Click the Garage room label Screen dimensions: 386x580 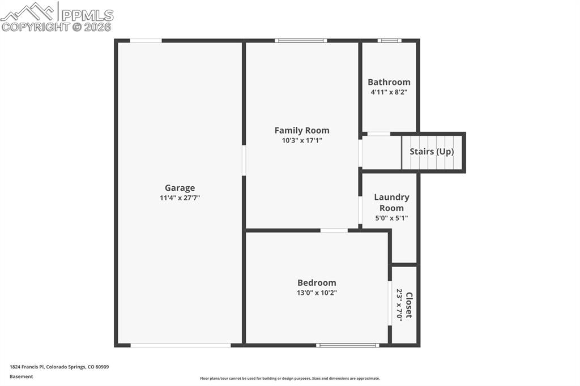point(180,188)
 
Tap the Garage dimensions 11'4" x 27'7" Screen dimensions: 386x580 point(180,198)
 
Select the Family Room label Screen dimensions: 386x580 point(302,130)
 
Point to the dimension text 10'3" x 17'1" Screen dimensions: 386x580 point(302,140)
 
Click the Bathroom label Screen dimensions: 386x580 point(389,82)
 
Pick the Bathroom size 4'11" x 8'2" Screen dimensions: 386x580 point(389,92)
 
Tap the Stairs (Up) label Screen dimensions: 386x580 point(432,152)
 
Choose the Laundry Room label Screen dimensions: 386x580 point(391,202)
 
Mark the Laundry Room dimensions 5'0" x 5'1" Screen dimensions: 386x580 point(391,218)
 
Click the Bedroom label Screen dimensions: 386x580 point(317,282)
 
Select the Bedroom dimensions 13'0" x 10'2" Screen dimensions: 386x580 point(317,293)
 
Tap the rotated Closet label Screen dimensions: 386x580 point(409,305)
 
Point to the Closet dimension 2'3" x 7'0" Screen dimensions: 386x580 point(399,305)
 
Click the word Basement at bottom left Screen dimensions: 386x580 point(21,376)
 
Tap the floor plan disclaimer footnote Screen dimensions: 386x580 point(289,379)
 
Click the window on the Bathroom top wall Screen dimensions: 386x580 point(390,41)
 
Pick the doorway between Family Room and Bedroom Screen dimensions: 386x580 point(334,230)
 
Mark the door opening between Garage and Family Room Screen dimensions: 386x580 point(244,160)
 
